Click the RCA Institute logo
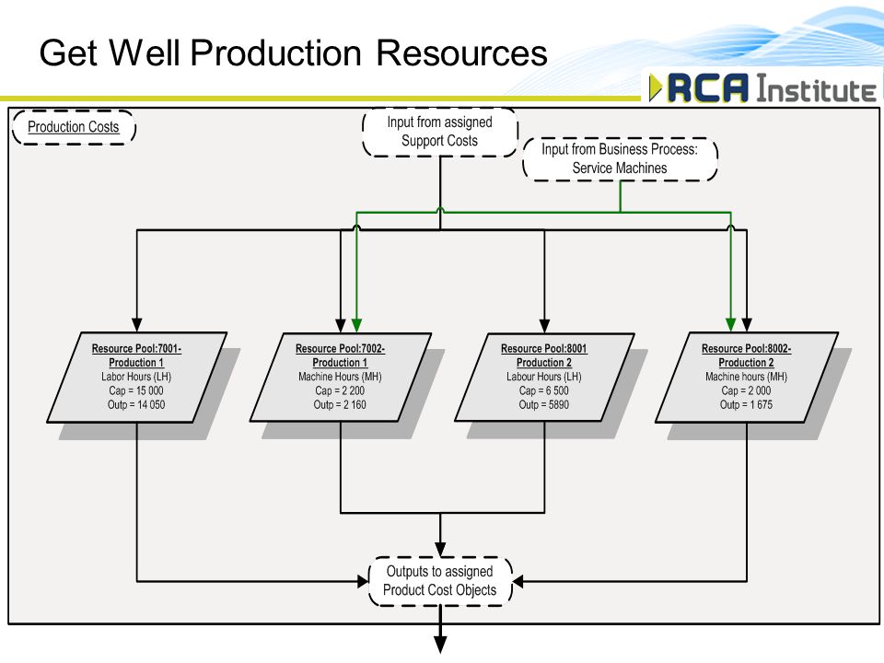click(762, 88)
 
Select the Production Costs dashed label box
click(74, 127)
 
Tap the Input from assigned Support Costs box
click(440, 132)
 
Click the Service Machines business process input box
click(620, 159)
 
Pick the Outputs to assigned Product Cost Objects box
click(440, 581)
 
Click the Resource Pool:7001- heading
click(136, 349)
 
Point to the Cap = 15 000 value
click(136, 390)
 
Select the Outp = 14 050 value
click(136, 405)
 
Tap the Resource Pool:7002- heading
click(340, 349)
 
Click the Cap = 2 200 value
click(340, 390)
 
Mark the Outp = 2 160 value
click(340, 405)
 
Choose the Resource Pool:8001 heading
click(544, 349)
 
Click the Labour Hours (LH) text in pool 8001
click(544, 377)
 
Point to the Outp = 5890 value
click(544, 405)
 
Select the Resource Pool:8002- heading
click(747, 349)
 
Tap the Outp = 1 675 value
click(747, 405)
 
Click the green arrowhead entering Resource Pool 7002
click(356, 325)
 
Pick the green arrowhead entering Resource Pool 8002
click(730, 325)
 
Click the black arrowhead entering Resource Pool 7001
click(136, 325)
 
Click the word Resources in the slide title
click(461, 53)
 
